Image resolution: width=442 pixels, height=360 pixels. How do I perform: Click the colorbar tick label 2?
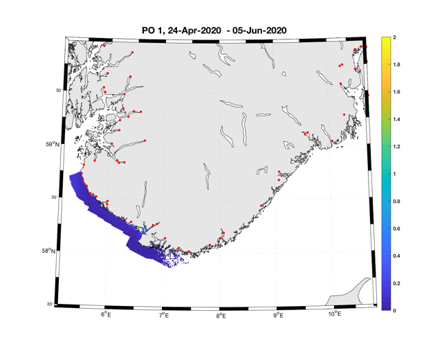(394, 37)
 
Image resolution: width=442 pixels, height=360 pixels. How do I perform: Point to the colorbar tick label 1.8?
(396, 64)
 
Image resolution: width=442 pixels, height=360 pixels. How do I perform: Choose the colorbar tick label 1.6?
(396, 91)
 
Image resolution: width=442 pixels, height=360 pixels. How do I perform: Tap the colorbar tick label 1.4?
(396, 119)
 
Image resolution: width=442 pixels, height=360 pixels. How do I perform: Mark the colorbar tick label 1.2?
(396, 147)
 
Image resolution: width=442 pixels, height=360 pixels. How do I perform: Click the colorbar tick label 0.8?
(396, 201)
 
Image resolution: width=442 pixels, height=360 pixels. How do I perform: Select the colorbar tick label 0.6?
(396, 228)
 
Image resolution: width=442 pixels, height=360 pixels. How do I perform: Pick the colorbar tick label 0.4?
(396, 256)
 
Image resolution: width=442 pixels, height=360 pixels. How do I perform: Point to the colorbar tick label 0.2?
(396, 284)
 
